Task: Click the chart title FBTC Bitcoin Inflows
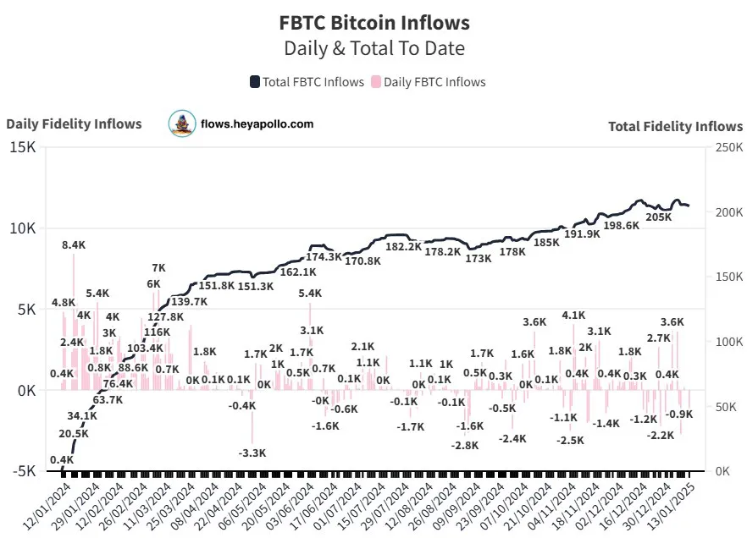tap(373, 22)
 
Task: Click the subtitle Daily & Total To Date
tap(373, 48)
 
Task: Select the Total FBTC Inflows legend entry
tap(307, 82)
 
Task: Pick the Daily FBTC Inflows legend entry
tap(429, 82)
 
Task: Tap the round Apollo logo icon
tap(181, 124)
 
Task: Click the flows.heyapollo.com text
tap(257, 124)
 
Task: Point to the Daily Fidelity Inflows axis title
tap(74, 124)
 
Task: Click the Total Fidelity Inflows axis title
tap(675, 126)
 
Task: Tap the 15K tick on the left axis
tap(22, 147)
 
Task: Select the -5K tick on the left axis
tap(22, 471)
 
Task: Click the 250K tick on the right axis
tap(725, 147)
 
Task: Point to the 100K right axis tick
tap(725, 342)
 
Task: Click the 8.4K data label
tap(74, 245)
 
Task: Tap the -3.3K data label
tap(252, 454)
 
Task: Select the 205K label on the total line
tap(658, 217)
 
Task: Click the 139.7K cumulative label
tap(189, 301)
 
